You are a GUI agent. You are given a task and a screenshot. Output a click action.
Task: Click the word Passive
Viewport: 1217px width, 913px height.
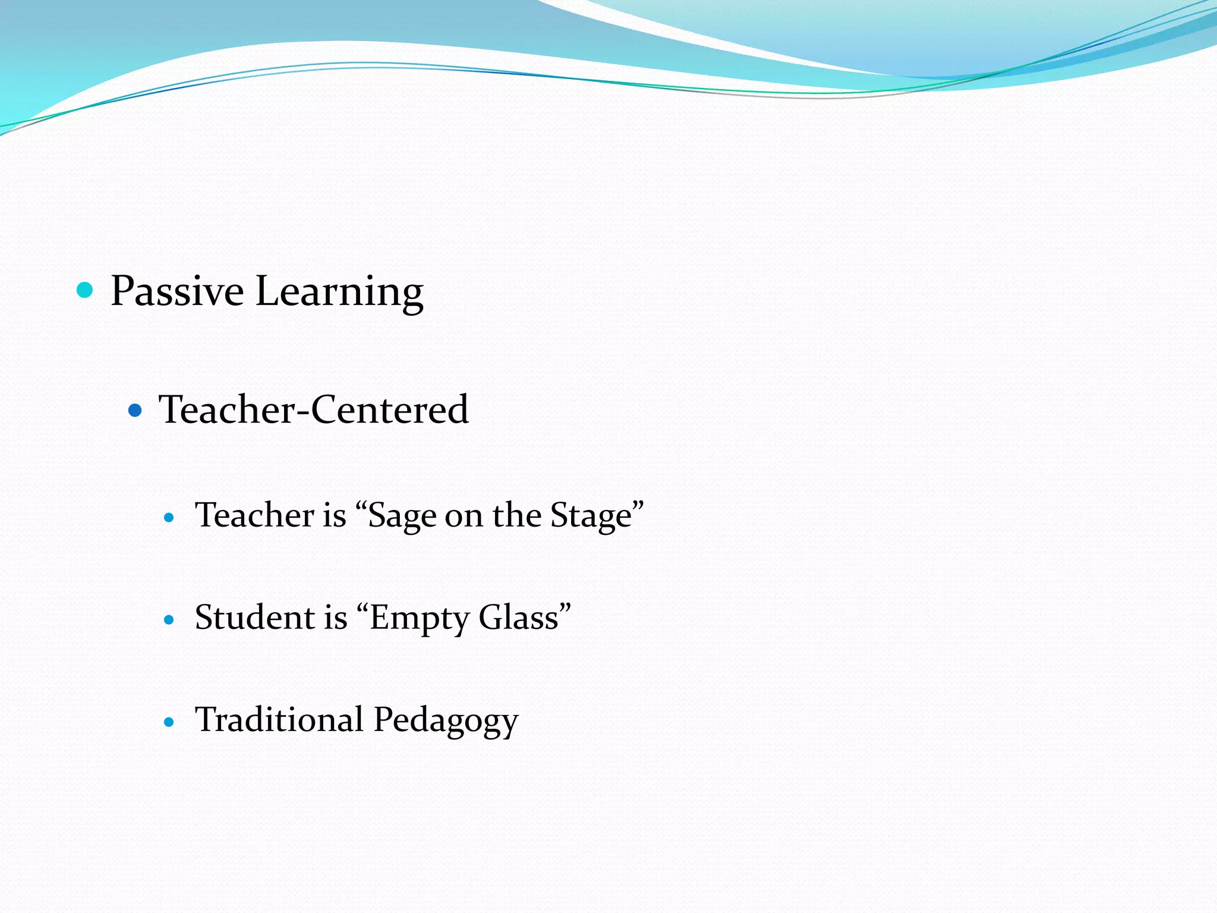coord(177,291)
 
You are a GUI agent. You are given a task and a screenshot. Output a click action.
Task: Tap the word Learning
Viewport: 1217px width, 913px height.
coord(339,292)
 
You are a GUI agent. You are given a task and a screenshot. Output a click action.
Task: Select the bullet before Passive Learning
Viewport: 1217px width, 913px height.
coord(86,290)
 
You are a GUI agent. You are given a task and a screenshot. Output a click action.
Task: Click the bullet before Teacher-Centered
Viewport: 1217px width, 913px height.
coord(135,410)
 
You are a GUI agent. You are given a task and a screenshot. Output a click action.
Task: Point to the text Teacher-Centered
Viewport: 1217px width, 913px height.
coord(314,410)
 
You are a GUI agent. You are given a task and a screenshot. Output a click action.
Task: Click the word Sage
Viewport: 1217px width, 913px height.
coord(401,516)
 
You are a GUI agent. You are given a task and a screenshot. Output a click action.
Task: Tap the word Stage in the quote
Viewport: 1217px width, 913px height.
coord(591,516)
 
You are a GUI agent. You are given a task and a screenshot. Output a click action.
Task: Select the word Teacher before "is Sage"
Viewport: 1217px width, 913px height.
coord(255,515)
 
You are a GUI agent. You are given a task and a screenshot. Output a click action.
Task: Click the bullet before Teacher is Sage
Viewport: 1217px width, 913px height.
coord(169,518)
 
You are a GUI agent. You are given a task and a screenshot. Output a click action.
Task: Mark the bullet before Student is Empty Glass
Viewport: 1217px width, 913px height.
coord(169,620)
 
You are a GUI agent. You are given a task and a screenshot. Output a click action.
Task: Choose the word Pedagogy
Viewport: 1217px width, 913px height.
coord(446,720)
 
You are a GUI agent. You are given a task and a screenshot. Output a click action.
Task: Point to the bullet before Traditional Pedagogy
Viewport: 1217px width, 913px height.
coord(169,722)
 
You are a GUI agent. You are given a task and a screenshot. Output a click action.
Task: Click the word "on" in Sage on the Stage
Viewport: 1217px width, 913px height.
coord(464,516)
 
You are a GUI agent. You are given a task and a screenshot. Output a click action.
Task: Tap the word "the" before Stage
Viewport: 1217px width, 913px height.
coord(516,515)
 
